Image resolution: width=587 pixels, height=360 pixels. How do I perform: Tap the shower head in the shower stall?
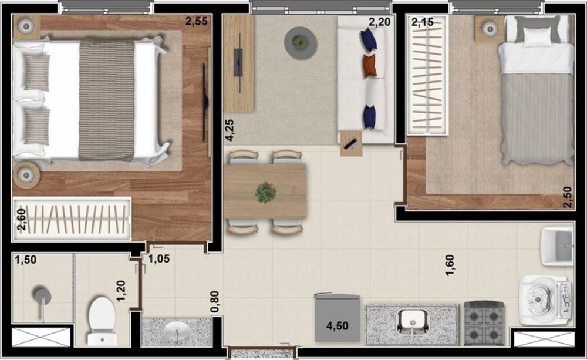41,295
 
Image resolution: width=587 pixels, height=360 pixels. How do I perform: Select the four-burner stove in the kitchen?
484,322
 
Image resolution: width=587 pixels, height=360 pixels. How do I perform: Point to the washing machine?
544,299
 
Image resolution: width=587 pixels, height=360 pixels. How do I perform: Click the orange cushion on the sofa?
369,66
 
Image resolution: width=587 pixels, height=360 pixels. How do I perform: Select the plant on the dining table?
265,193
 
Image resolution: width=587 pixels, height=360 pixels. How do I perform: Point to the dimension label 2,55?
196,22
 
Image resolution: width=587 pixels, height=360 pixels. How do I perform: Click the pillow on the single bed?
537,37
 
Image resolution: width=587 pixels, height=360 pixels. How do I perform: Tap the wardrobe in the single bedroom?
427,75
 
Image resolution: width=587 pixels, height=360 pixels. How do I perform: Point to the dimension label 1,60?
450,265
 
